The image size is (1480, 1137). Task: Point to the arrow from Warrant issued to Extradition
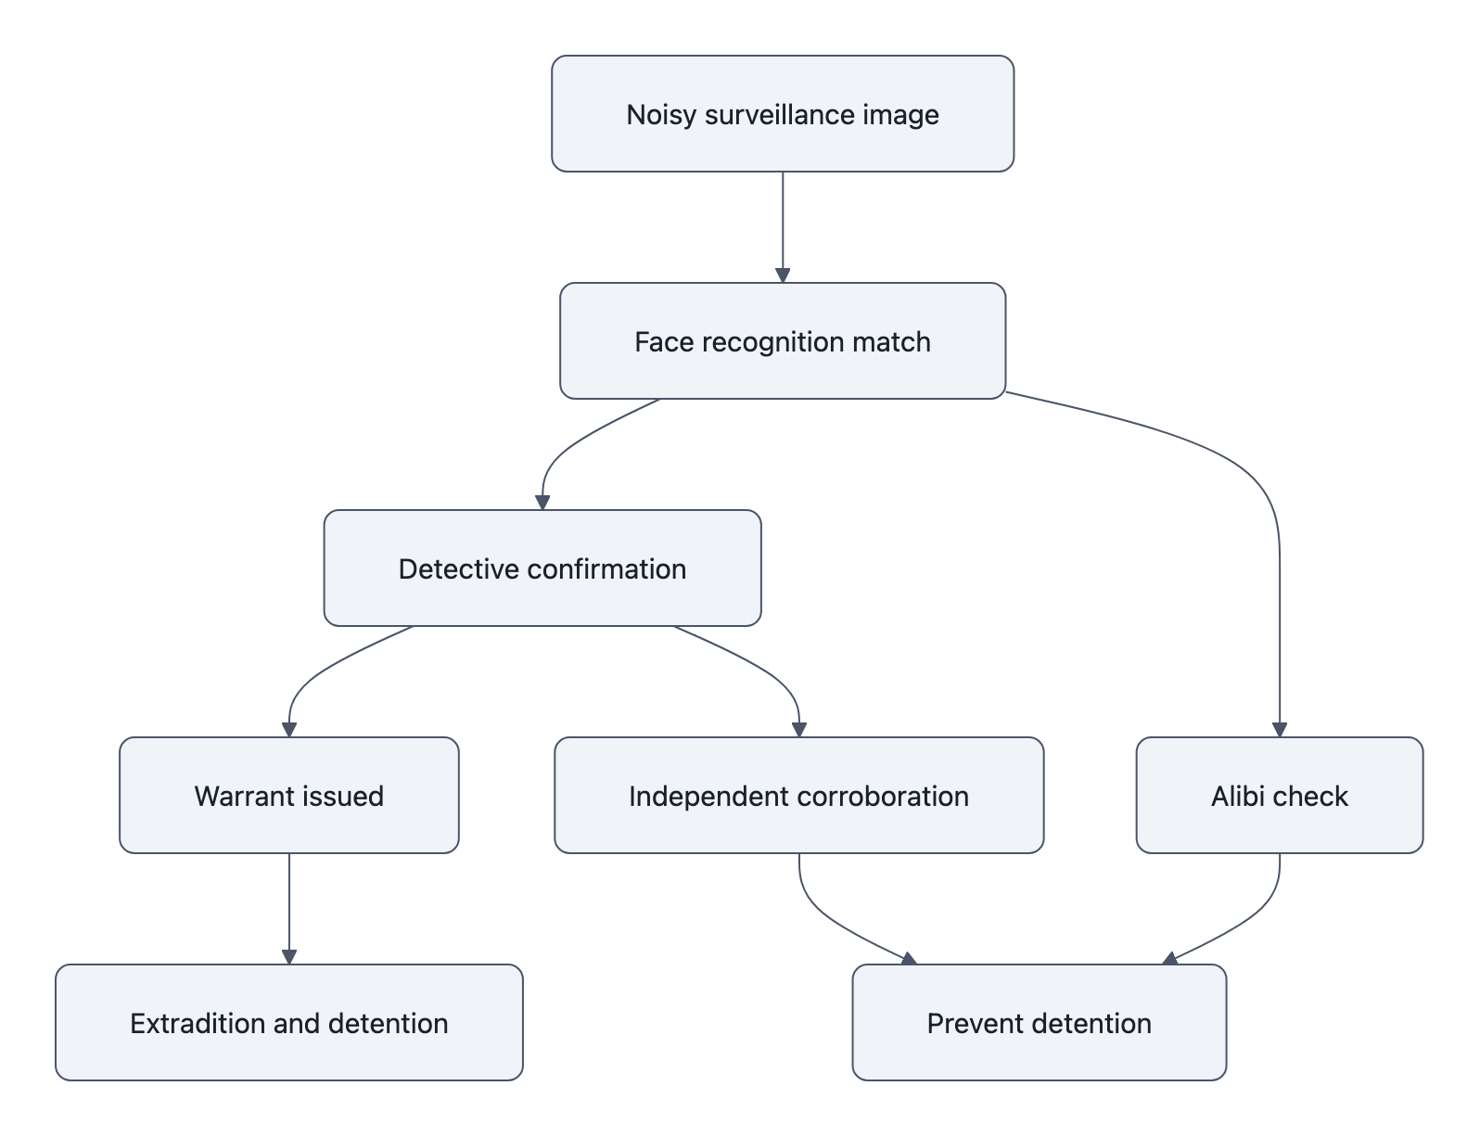tap(289, 909)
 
